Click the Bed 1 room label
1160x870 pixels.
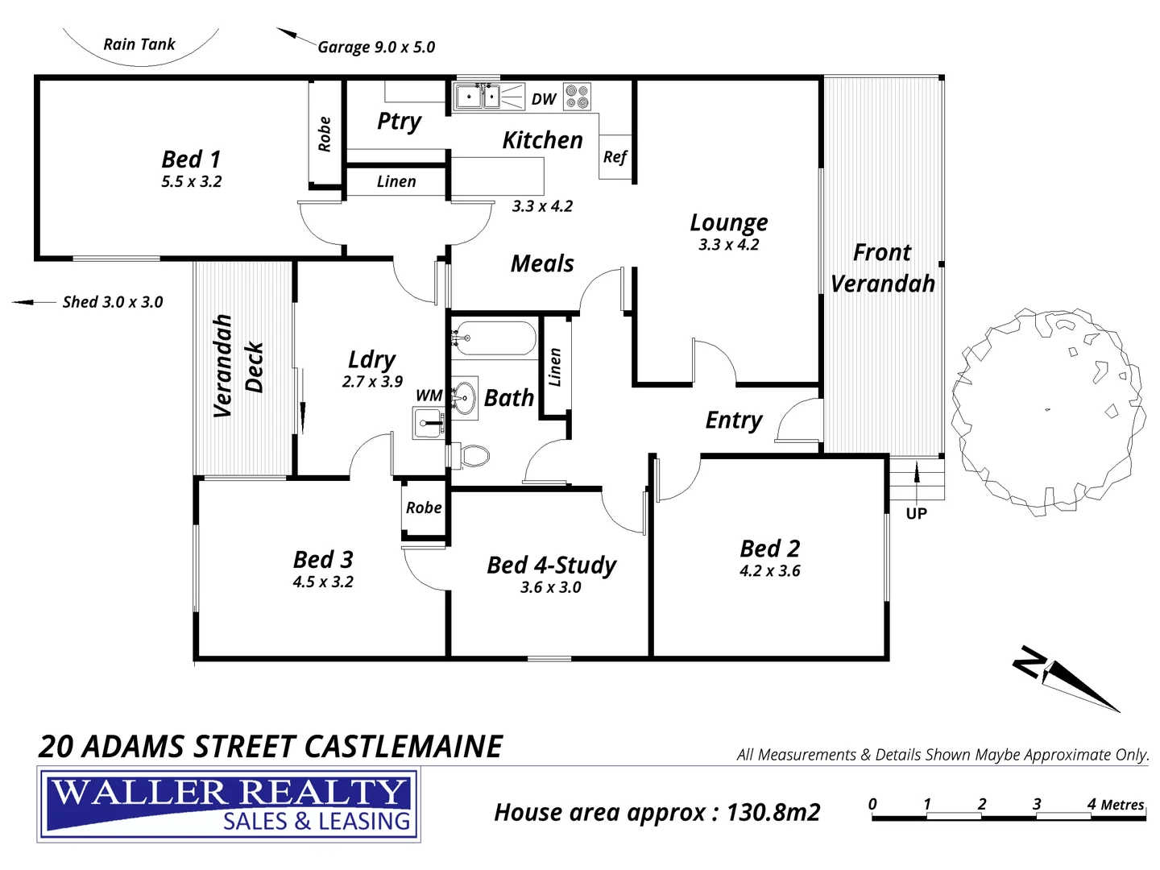(191, 159)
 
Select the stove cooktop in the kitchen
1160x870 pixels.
(577, 97)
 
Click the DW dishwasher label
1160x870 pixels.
(544, 99)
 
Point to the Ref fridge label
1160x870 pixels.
(615, 157)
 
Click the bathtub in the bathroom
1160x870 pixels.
(493, 338)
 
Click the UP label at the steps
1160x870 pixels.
(916, 514)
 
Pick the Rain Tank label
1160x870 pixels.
(139, 44)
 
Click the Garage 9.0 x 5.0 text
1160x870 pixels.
(376, 48)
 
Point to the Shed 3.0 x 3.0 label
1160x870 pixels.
(113, 302)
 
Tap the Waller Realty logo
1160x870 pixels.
(229, 805)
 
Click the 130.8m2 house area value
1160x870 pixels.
(773, 812)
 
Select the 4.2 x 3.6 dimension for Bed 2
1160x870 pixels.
(769, 571)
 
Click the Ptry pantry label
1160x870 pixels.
(399, 121)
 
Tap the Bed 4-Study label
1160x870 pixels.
(551, 565)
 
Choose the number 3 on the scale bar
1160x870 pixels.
(1036, 804)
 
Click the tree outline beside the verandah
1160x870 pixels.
(1047, 411)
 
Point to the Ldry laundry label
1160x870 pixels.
(371, 359)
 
